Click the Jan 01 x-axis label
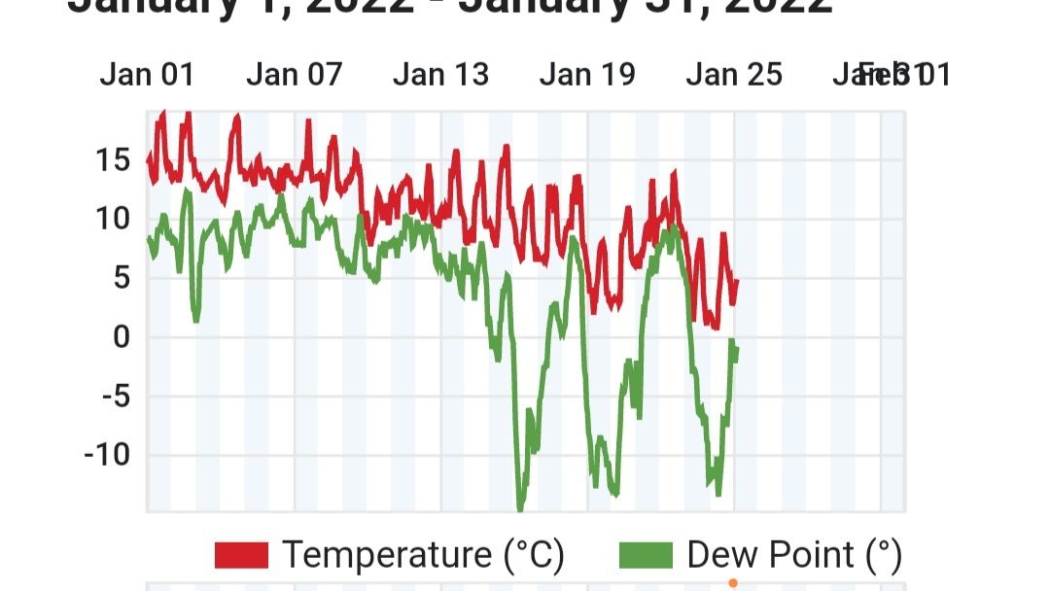(x=147, y=75)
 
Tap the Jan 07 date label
(x=294, y=75)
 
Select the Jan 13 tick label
(x=440, y=75)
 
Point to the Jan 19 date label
(x=587, y=75)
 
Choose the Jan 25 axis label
(x=734, y=75)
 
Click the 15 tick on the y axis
(x=113, y=159)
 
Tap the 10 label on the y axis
(x=113, y=219)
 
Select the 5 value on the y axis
(x=121, y=278)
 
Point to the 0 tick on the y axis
(x=121, y=337)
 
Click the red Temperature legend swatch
(x=241, y=555)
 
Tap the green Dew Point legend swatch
(x=646, y=555)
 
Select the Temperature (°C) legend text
(x=423, y=555)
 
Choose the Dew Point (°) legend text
(x=794, y=555)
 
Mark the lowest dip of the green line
(x=520, y=506)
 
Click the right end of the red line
(x=737, y=282)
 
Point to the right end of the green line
(x=737, y=348)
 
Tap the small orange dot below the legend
(x=733, y=583)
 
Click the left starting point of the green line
(x=149, y=238)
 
